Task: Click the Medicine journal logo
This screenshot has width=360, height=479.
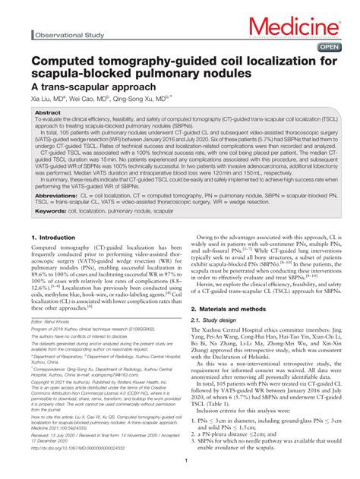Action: point(297,28)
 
